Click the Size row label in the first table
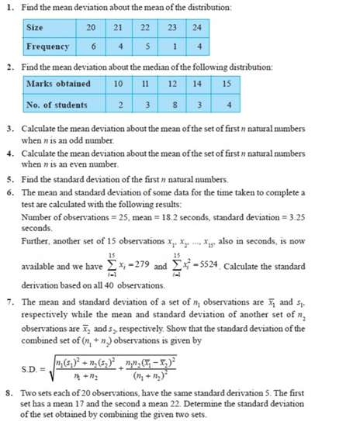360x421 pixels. pos(35,27)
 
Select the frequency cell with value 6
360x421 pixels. pos(92,47)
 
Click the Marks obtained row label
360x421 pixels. pos(58,83)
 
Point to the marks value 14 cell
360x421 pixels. pos(199,83)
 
